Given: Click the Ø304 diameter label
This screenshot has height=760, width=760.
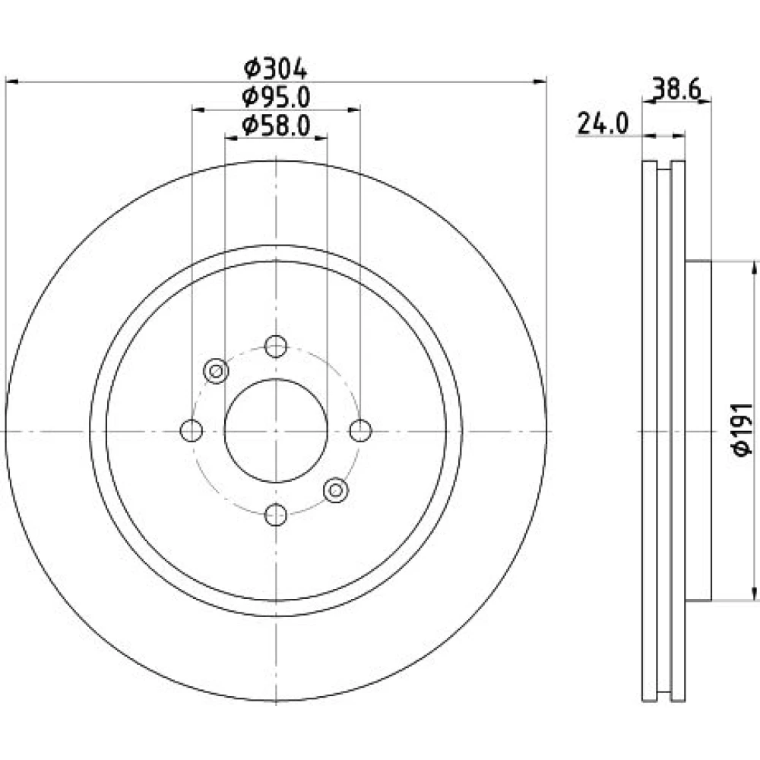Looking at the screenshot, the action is coord(275,68).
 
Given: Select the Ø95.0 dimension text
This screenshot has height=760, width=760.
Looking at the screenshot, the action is coord(276,97).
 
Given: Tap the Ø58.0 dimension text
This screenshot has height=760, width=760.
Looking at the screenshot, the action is coord(276,126).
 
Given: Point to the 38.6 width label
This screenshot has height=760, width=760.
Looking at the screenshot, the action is coord(676,89).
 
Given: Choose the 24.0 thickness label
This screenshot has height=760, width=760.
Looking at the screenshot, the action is coord(603,124).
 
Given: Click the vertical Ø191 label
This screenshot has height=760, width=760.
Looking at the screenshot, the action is coord(743,429).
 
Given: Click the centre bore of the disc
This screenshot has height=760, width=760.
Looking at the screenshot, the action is coord(276,430).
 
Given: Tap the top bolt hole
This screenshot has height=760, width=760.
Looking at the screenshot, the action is coord(276,346).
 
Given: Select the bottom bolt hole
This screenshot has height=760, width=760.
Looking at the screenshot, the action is coord(276,515).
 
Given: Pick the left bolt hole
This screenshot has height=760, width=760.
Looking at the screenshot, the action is coord(191,430).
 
